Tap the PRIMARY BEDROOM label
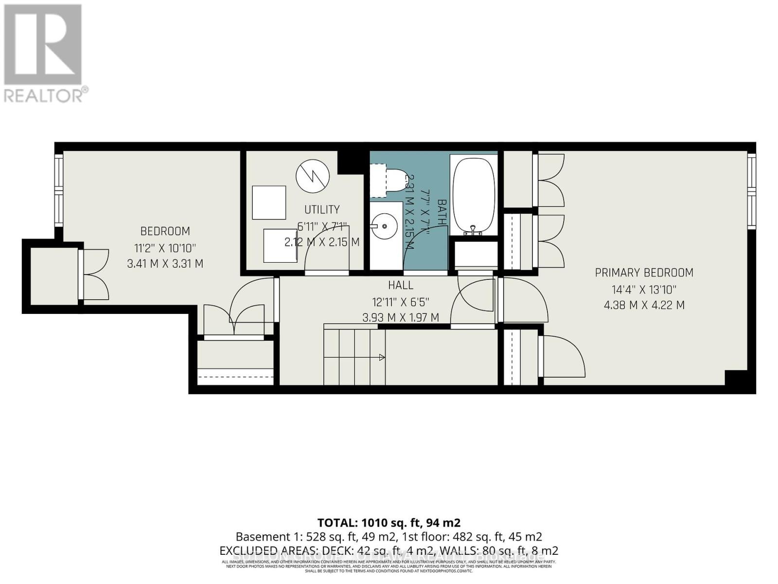[x=644, y=273]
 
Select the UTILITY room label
[x=322, y=209]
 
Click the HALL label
[x=401, y=285]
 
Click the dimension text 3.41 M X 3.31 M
[x=165, y=264]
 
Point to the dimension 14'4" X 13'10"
[x=644, y=290]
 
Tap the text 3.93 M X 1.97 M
[x=401, y=318]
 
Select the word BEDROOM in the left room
[x=165, y=231]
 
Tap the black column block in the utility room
[x=350, y=161]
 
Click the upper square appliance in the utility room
[x=269, y=202]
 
